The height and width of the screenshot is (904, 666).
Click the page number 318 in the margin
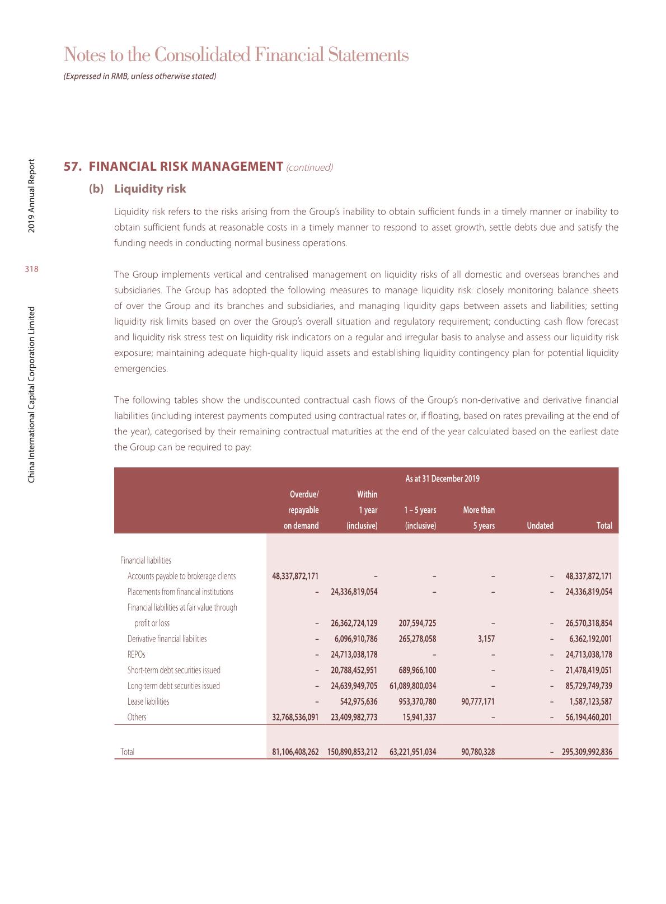tap(32, 269)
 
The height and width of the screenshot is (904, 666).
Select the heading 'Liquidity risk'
tap(150, 189)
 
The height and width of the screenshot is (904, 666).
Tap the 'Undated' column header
tap(540, 526)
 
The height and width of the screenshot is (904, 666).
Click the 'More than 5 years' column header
tap(479, 518)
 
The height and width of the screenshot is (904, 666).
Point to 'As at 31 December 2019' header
tap(442, 479)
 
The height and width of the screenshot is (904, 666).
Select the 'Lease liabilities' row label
tap(148, 701)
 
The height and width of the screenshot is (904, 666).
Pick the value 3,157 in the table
tap(486, 639)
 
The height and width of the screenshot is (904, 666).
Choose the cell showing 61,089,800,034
tap(412, 686)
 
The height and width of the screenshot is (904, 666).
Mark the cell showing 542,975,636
tap(359, 701)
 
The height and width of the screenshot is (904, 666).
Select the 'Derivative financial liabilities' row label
tap(167, 639)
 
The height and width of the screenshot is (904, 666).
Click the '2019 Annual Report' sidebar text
tap(32, 196)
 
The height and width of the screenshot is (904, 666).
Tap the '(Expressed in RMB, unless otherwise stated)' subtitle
tap(140, 76)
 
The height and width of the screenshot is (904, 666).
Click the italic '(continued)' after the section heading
tap(309, 167)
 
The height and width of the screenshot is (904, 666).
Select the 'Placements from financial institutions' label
tap(180, 592)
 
